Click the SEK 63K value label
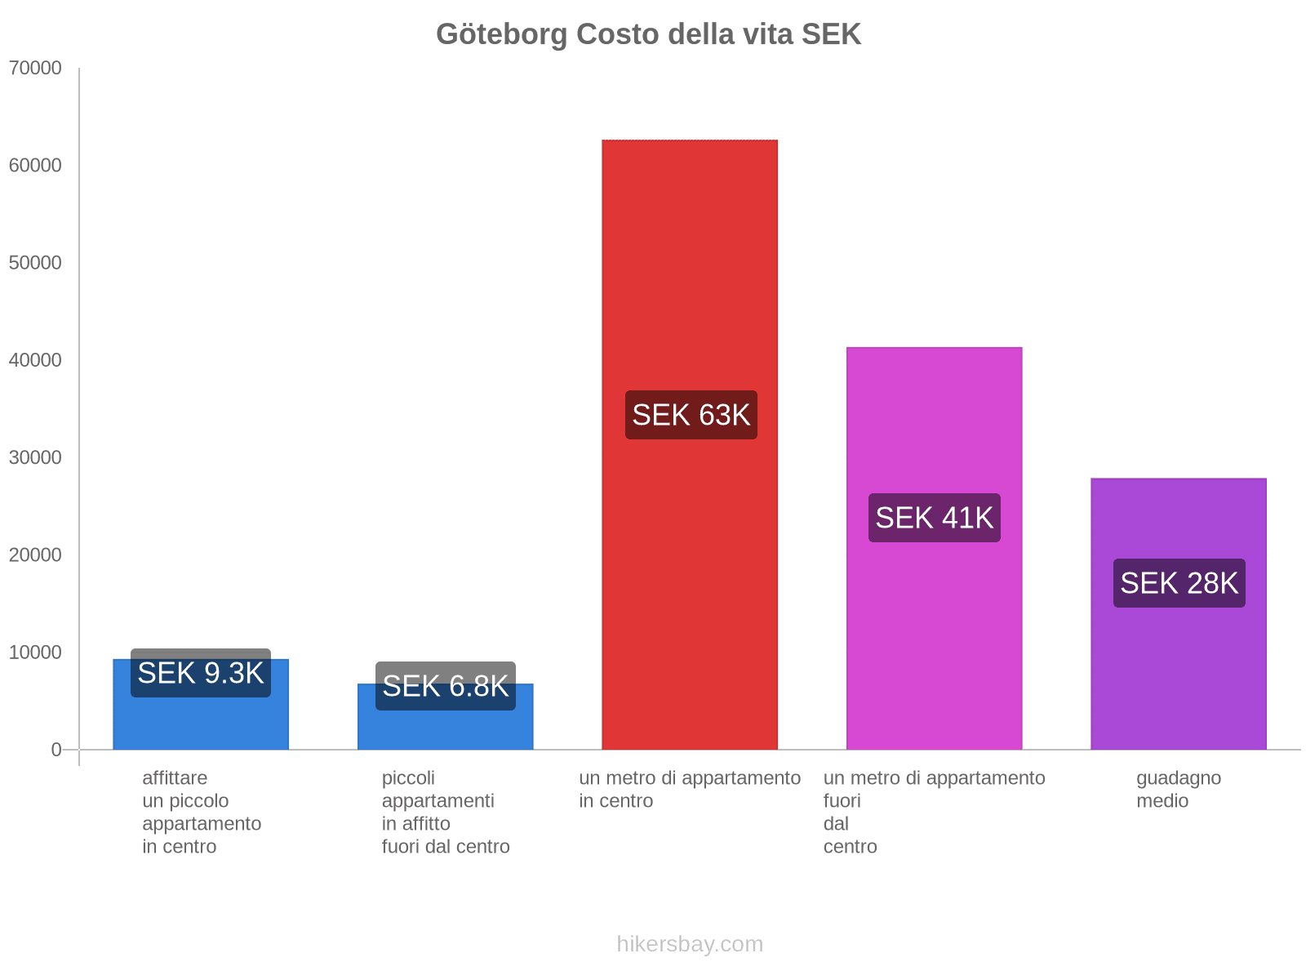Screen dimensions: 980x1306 point(691,415)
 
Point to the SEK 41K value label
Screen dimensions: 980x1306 point(934,518)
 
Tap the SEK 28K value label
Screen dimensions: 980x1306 point(1179,583)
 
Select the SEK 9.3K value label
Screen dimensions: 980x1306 point(201,673)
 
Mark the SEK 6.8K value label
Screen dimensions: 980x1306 point(445,686)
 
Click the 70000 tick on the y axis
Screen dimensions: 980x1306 point(35,68)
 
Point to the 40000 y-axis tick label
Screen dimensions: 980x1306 point(35,360)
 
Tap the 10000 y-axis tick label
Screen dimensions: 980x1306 point(35,653)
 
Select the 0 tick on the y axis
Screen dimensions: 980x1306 point(56,750)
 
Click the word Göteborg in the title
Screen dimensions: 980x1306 point(501,34)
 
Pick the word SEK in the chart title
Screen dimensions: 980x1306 point(831,34)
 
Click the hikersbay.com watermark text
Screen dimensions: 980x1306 point(690,944)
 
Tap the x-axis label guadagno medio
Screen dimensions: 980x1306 point(1178,789)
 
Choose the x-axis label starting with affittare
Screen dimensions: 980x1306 point(201,812)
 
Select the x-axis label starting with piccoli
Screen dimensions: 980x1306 point(445,812)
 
